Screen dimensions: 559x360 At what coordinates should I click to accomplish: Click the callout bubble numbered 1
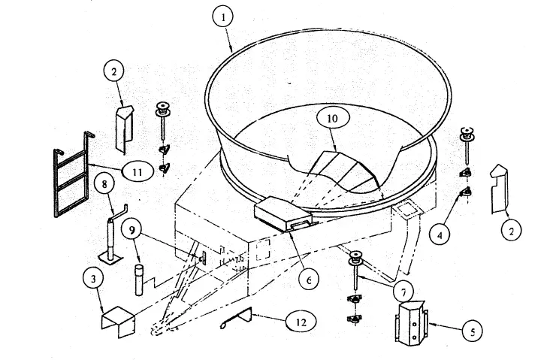pos(223,17)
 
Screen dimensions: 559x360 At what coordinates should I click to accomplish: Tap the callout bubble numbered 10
pos(331,118)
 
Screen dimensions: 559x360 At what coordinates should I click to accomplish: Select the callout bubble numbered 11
pos(137,172)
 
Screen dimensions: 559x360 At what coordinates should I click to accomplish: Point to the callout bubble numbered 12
pos(301,322)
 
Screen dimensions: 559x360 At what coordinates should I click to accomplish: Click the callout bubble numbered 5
pos(473,331)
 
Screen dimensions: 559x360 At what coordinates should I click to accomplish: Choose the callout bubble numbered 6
pos(309,280)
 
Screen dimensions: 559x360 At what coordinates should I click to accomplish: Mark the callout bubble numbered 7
pos(403,292)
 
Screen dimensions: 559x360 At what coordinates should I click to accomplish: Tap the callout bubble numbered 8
pos(104,183)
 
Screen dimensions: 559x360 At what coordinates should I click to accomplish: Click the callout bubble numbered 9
pos(132,230)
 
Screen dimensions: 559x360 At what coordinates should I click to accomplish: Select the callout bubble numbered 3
pos(93,278)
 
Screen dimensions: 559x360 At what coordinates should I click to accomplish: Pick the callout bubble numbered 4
pos(440,234)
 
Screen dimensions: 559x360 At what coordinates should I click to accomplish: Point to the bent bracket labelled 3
pos(119,322)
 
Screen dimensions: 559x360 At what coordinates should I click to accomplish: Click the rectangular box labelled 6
pos(286,214)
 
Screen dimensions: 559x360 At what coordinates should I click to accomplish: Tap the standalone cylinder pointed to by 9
pos(140,280)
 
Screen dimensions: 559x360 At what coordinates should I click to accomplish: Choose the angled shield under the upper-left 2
pos(124,129)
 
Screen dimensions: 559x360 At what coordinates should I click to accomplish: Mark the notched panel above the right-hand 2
pos(499,189)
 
